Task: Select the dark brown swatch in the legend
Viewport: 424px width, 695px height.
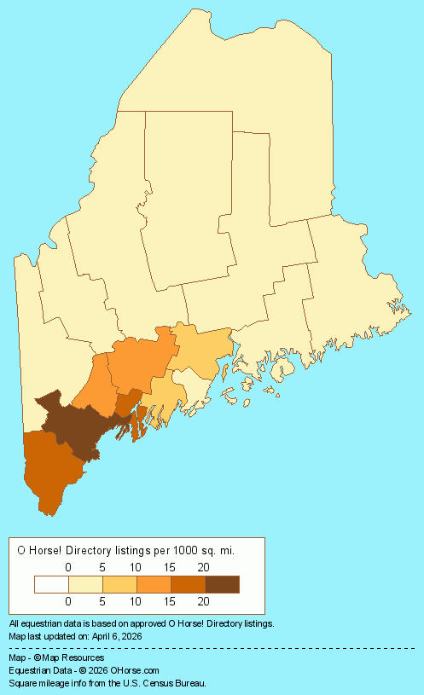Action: click(x=222, y=584)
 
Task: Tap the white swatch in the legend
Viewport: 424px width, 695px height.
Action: click(x=51, y=584)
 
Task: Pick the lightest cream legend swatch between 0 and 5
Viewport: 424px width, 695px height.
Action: click(x=85, y=584)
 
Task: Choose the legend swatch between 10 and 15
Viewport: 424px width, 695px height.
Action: click(x=154, y=584)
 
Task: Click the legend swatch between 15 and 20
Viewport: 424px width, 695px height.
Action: click(x=188, y=584)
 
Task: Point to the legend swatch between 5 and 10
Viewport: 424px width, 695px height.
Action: click(x=119, y=584)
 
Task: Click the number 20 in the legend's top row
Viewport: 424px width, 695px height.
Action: click(x=204, y=567)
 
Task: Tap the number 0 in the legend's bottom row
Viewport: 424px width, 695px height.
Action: click(x=68, y=602)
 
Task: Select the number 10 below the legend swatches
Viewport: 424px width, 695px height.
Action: click(x=136, y=602)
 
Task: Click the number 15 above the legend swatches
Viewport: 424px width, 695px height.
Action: click(x=170, y=567)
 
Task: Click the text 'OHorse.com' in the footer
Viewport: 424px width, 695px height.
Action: click(x=135, y=671)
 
